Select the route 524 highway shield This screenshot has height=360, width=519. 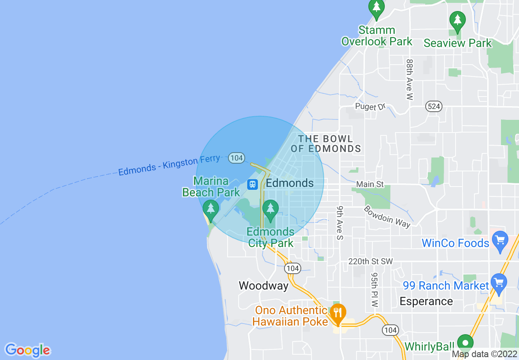433,106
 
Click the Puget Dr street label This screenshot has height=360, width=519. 371,107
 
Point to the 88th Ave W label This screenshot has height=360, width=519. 410,79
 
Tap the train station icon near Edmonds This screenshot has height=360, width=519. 253,184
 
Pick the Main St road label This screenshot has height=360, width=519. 370,184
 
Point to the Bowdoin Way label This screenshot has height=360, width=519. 387,215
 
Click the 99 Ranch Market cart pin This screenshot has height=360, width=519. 499,283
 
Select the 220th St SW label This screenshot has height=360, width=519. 370,261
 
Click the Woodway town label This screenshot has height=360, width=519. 264,286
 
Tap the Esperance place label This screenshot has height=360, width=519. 426,301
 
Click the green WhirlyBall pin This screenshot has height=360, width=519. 465,342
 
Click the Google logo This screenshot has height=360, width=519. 27,350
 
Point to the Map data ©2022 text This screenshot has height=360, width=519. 484,354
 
